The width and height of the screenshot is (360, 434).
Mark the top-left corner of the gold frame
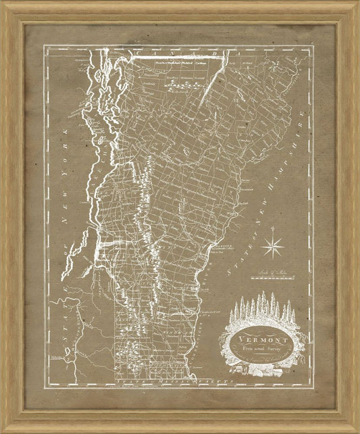point(3,3)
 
